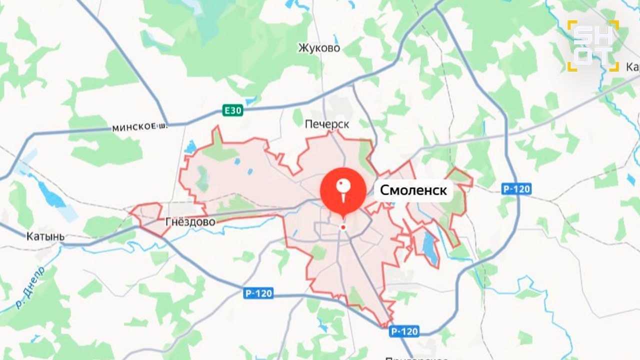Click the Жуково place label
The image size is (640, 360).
point(319,48)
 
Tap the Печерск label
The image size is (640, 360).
point(326,123)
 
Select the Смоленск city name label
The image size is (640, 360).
point(414,190)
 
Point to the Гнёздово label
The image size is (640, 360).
point(190,221)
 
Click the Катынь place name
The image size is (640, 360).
point(45,236)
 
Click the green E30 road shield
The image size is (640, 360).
point(232,110)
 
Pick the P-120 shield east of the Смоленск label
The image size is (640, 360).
point(516,189)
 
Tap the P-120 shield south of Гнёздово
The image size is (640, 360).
point(259,293)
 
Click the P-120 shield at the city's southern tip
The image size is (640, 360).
point(404,331)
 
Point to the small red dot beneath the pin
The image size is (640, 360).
point(343,227)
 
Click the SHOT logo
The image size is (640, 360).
point(593,45)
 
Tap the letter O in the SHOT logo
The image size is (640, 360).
point(582,57)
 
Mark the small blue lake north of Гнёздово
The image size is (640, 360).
point(190,146)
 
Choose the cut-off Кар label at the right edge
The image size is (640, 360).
point(632,67)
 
